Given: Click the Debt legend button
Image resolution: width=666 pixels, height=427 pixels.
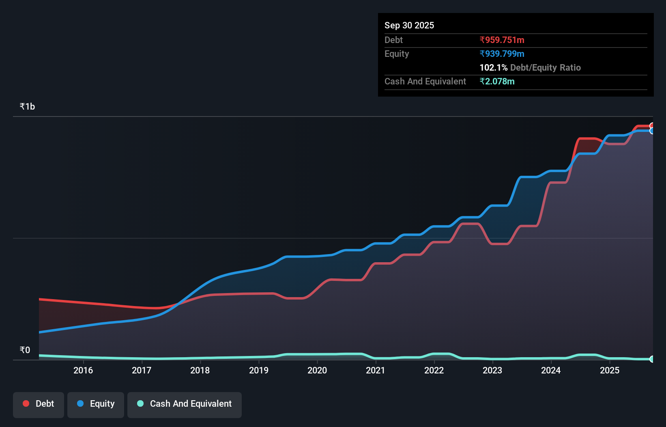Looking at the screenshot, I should click(x=39, y=404).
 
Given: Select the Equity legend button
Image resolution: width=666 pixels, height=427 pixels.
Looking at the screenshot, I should click(x=96, y=404).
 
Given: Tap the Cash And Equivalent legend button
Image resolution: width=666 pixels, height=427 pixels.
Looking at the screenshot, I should click(x=185, y=404).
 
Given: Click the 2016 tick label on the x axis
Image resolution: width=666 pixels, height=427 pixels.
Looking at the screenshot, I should click(x=83, y=370).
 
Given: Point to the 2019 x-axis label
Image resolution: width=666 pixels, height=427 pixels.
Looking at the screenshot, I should click(x=259, y=370).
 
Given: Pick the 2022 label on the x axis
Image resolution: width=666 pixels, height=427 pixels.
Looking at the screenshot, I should click(x=434, y=370).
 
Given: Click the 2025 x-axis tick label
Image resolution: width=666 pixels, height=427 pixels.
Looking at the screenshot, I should click(x=610, y=370).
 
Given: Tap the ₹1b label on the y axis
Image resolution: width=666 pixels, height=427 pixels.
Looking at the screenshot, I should click(x=27, y=106).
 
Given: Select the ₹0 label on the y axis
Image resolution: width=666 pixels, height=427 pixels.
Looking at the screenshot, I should click(x=25, y=350).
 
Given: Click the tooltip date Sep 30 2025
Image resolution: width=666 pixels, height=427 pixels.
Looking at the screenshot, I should click(x=409, y=25).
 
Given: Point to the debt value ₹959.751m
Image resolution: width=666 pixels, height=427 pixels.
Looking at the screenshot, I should click(x=502, y=40).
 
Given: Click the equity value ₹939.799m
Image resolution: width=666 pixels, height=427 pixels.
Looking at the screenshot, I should click(x=502, y=54).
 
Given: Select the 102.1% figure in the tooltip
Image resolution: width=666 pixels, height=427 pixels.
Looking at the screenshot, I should click(x=493, y=67).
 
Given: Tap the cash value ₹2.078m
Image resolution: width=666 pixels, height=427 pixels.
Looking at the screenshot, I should click(x=497, y=81).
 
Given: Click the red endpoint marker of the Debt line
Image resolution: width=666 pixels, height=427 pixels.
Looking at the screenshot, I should click(x=652, y=126).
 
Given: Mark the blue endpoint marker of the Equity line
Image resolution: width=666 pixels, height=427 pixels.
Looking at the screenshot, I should click(x=652, y=131).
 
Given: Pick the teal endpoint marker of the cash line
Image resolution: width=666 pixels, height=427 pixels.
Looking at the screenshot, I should click(x=652, y=359).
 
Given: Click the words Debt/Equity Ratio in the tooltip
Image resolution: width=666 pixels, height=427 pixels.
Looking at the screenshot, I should click(x=546, y=67).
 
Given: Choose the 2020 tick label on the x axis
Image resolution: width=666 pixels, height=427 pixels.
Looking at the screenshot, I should click(x=317, y=370).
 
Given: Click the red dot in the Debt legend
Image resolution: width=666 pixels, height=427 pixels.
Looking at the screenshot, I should click(x=26, y=403).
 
